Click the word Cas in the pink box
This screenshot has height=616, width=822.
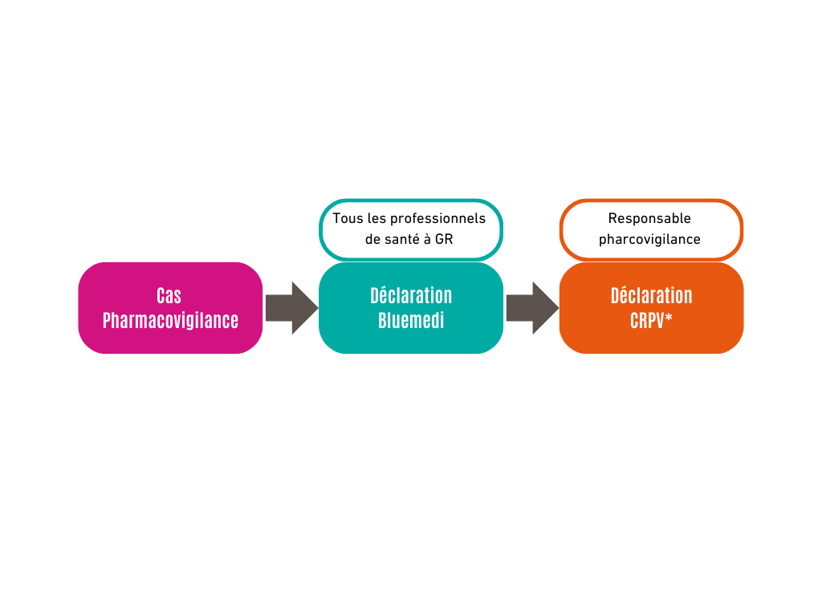tap(169, 295)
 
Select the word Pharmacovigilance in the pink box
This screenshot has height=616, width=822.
tap(170, 320)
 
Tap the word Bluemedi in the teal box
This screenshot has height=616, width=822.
tap(411, 320)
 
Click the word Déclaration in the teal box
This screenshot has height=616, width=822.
tap(411, 295)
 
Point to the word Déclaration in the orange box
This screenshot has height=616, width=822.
tap(651, 295)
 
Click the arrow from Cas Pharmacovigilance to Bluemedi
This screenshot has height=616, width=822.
tap(291, 308)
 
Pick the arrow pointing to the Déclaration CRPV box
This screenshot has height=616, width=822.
tap(531, 308)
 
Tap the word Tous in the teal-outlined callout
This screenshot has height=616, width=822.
tap(348, 218)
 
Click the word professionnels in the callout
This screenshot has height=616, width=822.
tap(438, 218)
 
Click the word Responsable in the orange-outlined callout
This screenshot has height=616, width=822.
tap(649, 218)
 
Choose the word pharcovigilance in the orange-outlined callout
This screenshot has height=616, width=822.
tap(649, 239)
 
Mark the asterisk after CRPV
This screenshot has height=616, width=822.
tap(669, 318)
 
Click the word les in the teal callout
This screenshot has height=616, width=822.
tap(376, 218)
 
